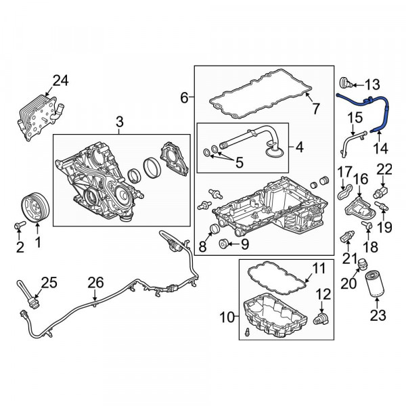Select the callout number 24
(x=61, y=81)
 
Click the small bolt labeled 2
(x=20, y=225)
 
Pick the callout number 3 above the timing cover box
(x=119, y=122)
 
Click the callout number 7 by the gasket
(x=315, y=108)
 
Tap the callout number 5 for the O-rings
(x=239, y=162)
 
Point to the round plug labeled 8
(x=215, y=229)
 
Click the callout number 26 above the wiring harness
(x=95, y=282)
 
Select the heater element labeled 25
(x=28, y=294)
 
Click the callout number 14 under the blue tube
(x=380, y=148)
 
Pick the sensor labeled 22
(x=380, y=191)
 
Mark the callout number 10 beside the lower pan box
(x=227, y=317)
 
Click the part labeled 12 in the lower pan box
(x=321, y=318)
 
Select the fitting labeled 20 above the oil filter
(x=362, y=263)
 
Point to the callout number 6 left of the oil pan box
(x=184, y=98)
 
